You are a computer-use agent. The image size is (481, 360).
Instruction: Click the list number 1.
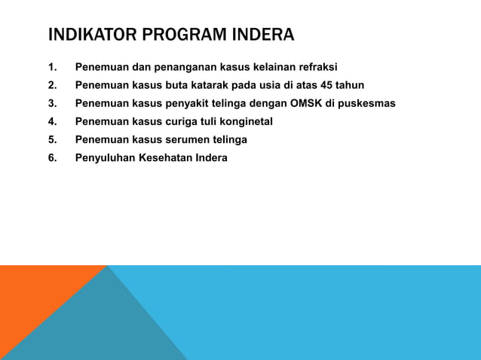(x=52, y=67)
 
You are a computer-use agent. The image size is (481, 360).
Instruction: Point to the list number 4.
(x=52, y=121)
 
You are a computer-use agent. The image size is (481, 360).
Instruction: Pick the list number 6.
(x=52, y=157)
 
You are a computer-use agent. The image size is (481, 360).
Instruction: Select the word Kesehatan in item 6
(x=165, y=157)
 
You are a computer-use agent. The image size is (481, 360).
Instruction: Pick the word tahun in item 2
(x=350, y=85)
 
